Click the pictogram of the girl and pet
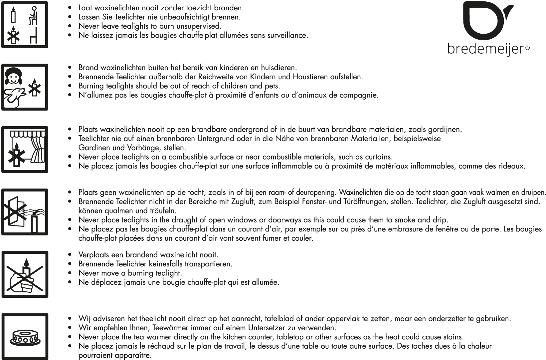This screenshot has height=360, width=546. click(25, 87)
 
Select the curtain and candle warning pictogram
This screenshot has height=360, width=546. click(25, 150)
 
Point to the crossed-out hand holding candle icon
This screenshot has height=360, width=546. click(25, 274)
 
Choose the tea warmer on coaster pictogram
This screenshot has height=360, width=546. click(25, 336)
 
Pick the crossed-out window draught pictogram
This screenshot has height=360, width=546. click(25, 212)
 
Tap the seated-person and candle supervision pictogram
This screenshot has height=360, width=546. click(25, 25)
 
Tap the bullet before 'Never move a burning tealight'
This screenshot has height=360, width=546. click(70, 273)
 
